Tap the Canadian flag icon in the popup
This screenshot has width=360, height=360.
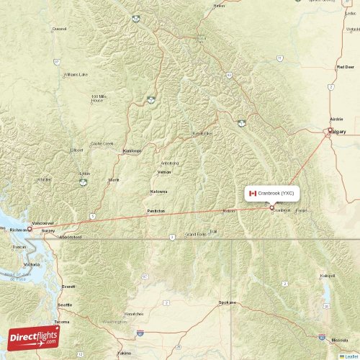253,193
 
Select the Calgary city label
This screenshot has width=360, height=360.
337,132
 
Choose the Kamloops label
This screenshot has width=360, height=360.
132,150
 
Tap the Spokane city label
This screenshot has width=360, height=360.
228,302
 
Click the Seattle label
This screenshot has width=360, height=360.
64,305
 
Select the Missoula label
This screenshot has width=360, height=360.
339,339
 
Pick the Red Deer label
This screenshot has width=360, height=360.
345,66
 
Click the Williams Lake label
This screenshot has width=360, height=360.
76,74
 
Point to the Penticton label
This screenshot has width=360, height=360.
156,211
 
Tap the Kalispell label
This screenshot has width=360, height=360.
328,276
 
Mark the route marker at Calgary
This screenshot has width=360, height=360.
330,130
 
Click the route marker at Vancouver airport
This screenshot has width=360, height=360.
30,229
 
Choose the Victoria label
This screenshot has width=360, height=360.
32,265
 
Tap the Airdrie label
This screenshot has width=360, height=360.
336,118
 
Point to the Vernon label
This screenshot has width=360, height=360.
165,173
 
